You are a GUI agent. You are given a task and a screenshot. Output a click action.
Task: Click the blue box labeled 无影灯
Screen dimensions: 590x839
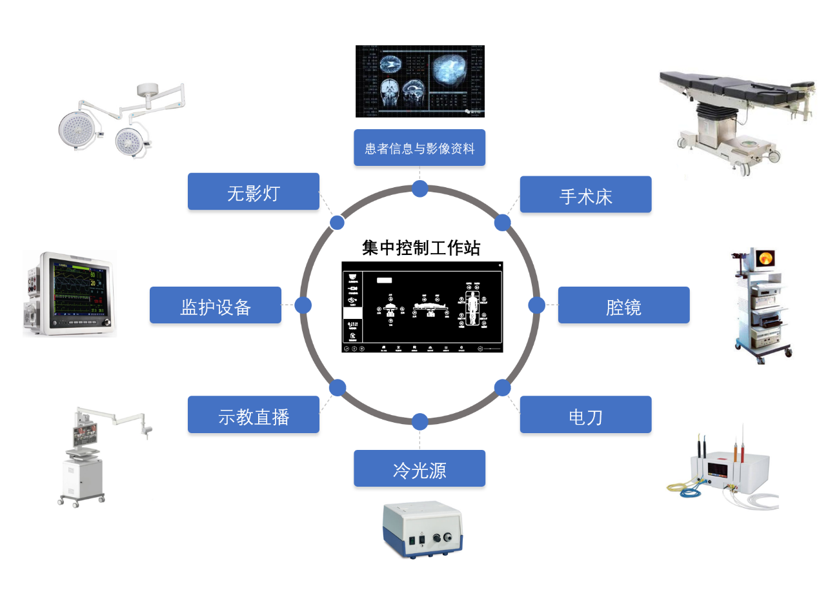[254, 192]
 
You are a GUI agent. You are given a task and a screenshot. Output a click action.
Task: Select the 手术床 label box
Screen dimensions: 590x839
[585, 195]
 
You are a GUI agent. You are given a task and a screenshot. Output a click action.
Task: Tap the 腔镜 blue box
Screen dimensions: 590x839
[623, 305]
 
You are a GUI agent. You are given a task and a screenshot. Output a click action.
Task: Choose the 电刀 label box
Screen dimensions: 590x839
[585, 415]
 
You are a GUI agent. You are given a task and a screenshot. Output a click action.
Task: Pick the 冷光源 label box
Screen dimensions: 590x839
[419, 469]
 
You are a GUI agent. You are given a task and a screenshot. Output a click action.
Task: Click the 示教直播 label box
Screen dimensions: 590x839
[254, 415]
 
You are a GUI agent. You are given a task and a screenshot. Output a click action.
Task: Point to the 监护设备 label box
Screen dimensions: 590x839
[216, 305]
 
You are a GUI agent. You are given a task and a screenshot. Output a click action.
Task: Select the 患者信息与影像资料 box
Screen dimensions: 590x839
[419, 148]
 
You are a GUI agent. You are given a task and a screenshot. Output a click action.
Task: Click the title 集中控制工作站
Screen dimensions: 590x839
[421, 247]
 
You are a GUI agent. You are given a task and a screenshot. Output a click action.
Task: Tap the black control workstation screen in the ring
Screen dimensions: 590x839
[422, 307]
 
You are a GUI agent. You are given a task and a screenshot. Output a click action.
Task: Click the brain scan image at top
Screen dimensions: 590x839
[420, 81]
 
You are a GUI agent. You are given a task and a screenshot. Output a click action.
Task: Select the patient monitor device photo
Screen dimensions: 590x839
[70, 294]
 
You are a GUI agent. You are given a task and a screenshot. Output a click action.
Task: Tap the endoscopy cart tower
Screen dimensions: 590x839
[762, 303]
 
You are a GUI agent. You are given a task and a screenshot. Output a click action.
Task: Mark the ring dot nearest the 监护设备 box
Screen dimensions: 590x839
[303, 305]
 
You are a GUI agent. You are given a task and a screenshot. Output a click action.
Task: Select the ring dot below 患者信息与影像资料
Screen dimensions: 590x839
[420, 188]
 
